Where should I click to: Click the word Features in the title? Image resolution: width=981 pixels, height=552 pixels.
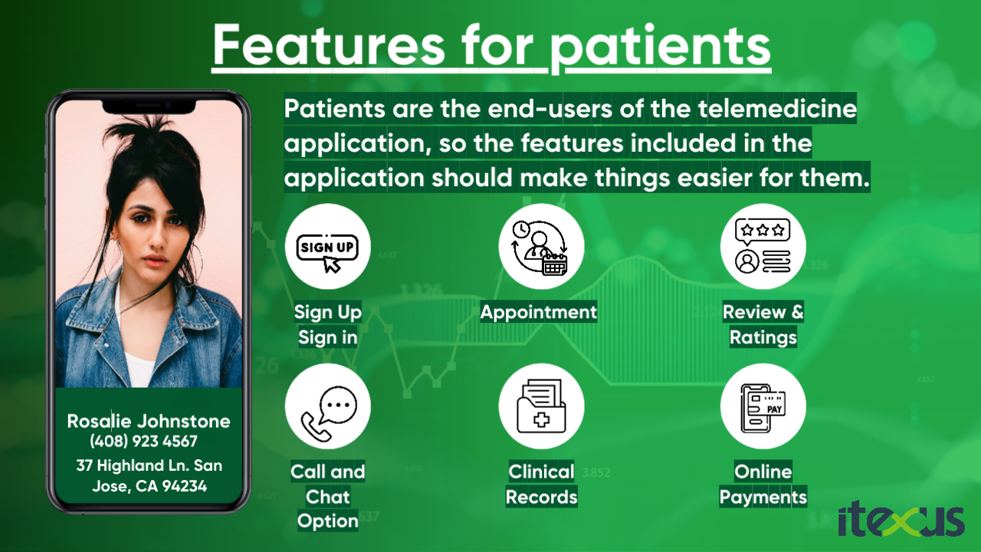329,44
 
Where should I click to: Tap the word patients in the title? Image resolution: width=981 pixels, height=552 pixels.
661,49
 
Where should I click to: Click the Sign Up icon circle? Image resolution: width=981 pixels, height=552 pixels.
327,246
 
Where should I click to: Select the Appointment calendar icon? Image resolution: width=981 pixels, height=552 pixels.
541,246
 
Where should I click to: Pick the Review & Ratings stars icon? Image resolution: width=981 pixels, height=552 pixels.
763,246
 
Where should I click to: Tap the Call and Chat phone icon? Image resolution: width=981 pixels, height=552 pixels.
327,406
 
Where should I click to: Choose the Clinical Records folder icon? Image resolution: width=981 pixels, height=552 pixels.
541,406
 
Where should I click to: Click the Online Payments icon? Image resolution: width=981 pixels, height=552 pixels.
763,406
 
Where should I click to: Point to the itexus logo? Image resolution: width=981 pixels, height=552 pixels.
901,520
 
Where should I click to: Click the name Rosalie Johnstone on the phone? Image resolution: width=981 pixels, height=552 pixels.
149,422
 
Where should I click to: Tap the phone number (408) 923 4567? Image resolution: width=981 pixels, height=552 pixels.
143,441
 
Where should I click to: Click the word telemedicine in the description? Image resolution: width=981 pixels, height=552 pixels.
777,108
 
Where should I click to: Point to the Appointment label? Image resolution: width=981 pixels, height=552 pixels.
539,312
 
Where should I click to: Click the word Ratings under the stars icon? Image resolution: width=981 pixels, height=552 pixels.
763,338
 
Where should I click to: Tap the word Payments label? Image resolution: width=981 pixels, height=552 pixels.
763,498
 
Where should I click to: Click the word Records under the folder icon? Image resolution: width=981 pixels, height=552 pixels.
541,498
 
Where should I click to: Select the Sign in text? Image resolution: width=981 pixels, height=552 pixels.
327,338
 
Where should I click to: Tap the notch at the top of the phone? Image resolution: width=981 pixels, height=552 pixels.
149,107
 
